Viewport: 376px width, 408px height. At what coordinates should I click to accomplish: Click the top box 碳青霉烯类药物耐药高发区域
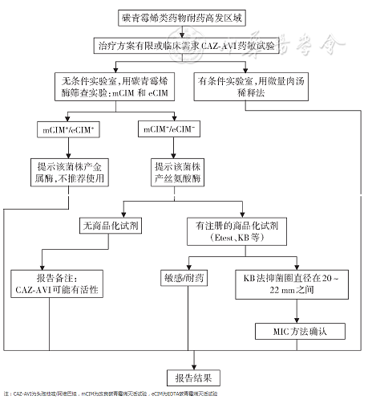[x=182, y=16]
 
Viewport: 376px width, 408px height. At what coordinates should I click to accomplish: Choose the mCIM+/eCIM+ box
[x=67, y=129]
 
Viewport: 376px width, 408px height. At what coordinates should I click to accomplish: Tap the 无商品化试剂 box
[x=110, y=226]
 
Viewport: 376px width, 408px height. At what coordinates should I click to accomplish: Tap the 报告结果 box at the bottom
[x=191, y=377]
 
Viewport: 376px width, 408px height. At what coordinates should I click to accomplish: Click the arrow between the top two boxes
[x=182, y=31]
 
